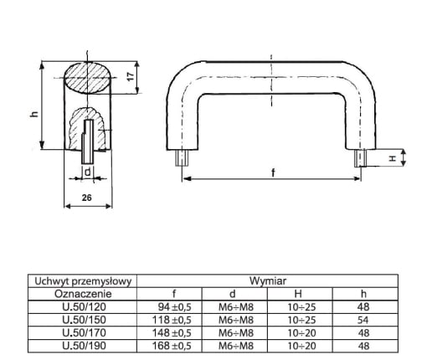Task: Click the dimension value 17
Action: (x=131, y=76)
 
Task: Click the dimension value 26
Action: (x=87, y=198)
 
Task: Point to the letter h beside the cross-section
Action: (x=34, y=114)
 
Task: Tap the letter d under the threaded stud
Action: (x=88, y=172)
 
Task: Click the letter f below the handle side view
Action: (x=273, y=172)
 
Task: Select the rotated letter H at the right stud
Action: (x=393, y=158)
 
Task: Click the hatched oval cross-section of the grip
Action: (x=87, y=78)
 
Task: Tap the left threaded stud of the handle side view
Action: (x=183, y=158)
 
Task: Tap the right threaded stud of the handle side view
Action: (x=360, y=158)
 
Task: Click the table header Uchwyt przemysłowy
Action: (x=83, y=281)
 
